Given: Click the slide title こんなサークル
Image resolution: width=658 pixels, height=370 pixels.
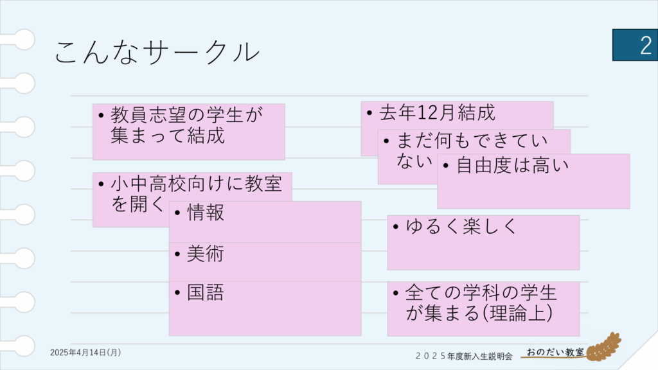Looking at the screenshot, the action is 157,52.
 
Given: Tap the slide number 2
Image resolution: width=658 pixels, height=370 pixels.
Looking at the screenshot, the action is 646,46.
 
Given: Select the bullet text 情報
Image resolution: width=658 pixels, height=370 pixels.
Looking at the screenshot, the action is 206,212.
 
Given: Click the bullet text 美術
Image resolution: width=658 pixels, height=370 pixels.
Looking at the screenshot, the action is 206,253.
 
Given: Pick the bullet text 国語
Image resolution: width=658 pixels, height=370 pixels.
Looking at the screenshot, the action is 206,292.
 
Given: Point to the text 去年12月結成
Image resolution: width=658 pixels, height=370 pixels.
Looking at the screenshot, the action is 437,112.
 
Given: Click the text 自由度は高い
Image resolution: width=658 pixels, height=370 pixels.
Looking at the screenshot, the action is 512,165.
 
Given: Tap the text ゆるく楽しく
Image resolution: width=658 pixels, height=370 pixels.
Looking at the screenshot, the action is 461,227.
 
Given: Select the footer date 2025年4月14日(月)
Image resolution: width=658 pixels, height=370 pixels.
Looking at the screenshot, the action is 85,353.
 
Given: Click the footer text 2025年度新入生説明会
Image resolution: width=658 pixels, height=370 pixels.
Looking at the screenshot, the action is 464,356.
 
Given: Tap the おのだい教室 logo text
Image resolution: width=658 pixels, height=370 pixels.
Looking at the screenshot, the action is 555,352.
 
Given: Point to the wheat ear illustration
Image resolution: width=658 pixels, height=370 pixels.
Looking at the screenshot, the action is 604,347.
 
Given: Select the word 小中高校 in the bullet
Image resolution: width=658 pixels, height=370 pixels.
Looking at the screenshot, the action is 148,184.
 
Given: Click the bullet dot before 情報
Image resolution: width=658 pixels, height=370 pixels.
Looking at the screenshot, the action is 177,213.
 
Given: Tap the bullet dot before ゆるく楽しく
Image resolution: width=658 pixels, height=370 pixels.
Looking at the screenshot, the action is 396,227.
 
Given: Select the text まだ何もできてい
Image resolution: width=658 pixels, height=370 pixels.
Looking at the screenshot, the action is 472,141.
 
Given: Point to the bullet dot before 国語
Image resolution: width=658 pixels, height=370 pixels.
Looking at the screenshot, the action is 177,292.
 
